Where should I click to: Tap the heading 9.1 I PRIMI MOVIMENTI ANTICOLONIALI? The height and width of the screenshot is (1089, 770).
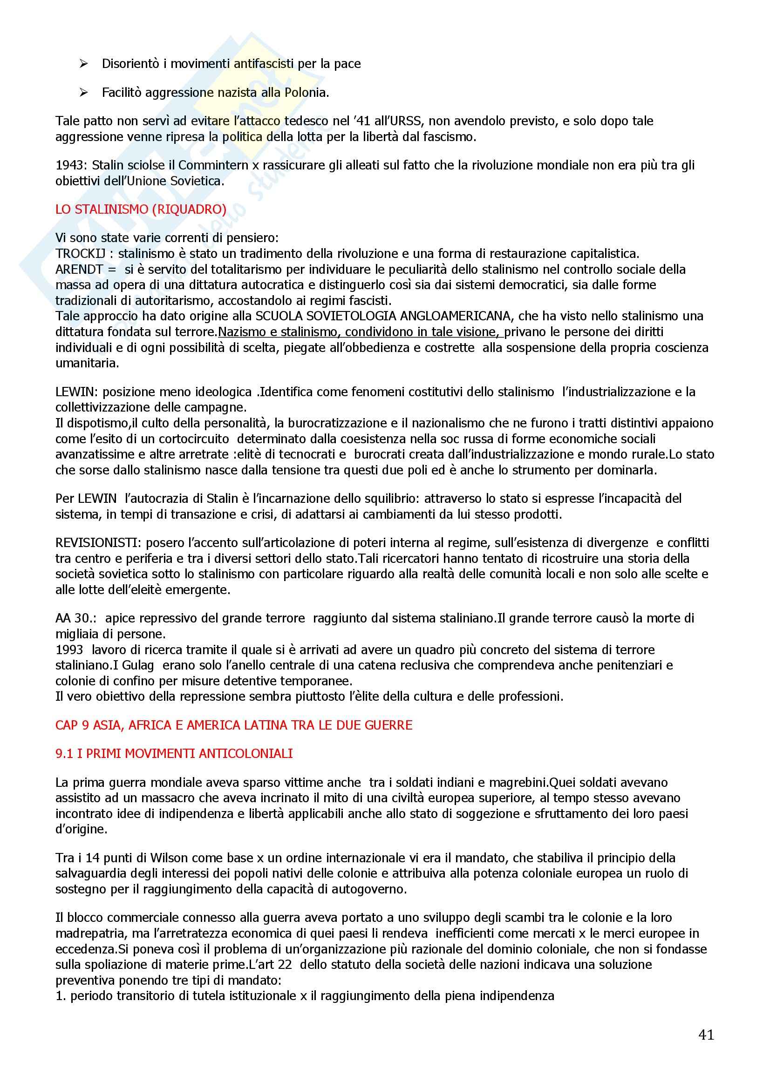point(174,754)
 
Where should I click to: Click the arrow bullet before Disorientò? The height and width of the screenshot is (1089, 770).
point(84,64)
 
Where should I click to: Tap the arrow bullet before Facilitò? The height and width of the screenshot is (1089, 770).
point(84,93)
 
